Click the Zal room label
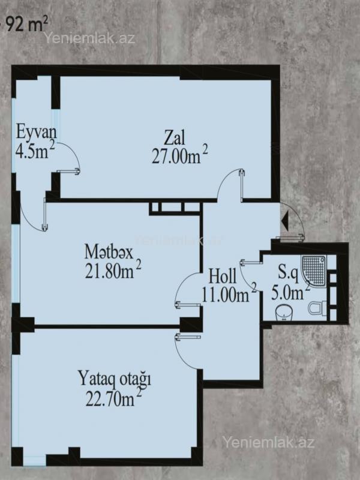(175, 138)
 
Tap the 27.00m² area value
(179, 155)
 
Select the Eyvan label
(37, 132)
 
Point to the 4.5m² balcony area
(35, 151)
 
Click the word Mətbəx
(109, 252)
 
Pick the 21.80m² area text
(113, 269)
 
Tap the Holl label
(223, 276)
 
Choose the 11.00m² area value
(229, 294)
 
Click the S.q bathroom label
(288, 272)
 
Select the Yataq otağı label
(115, 379)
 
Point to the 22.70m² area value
(113, 398)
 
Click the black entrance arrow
(284, 219)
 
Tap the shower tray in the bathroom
(314, 269)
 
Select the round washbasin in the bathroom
(284, 313)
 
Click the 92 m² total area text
(27, 25)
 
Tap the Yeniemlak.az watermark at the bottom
(268, 442)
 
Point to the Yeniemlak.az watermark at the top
(89, 38)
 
